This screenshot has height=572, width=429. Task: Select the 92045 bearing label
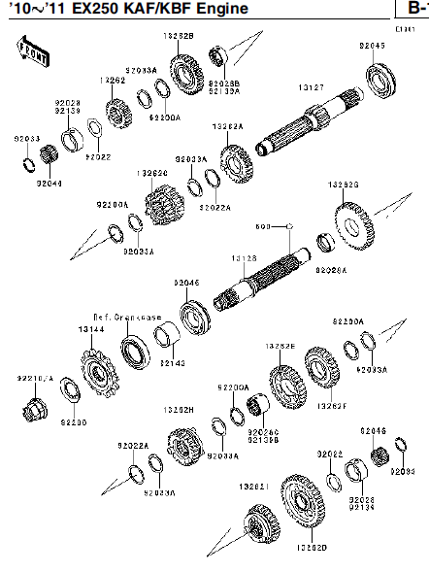click(371, 46)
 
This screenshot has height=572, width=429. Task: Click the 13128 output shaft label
click(243, 257)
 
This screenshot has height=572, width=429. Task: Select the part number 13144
click(91, 330)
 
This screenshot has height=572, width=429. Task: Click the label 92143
click(172, 362)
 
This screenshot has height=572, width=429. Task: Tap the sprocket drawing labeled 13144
click(99, 371)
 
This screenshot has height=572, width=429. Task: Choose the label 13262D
click(312, 547)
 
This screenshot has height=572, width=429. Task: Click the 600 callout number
click(261, 226)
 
